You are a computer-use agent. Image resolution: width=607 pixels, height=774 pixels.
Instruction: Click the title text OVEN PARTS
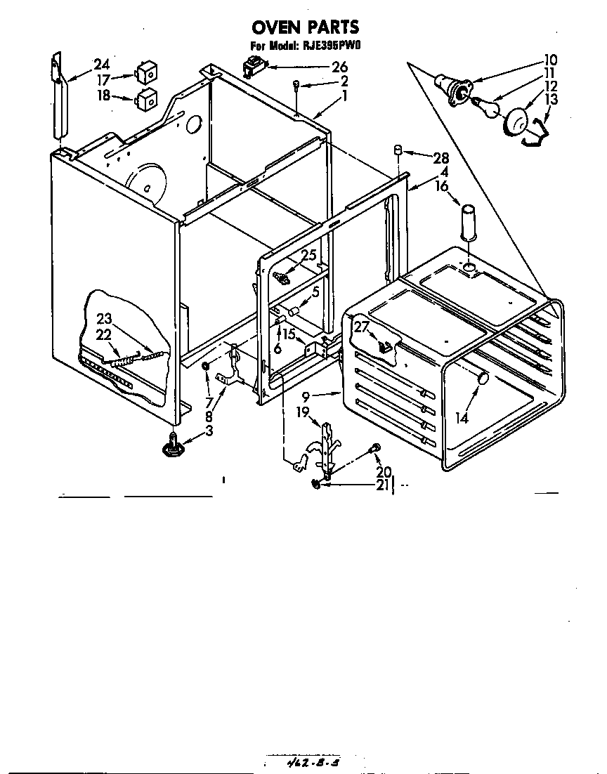pos(305,27)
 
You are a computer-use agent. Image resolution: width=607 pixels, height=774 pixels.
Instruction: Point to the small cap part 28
pos(397,150)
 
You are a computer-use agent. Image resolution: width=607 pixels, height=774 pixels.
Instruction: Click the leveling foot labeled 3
pos(172,444)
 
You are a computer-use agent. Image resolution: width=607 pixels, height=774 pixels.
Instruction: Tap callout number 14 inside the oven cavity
pos(461,418)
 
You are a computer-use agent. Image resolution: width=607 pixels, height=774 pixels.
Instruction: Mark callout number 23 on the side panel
pos(104,318)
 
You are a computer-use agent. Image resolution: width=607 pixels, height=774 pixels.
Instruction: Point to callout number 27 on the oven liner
pos(361,327)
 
